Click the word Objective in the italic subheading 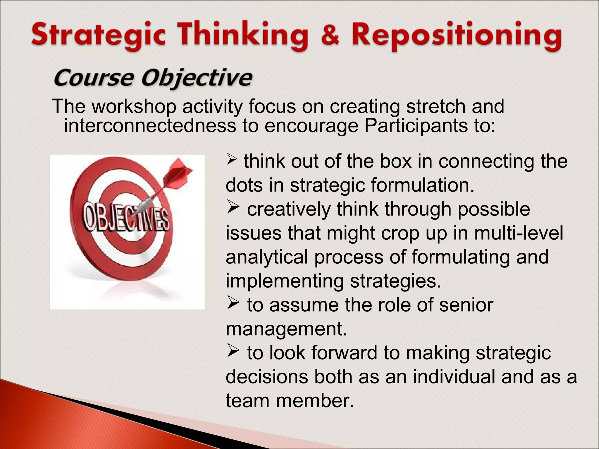pyautogui.click(x=197, y=78)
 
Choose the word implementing pyautogui.click(x=285, y=281)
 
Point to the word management pyautogui.click(x=286, y=329)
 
